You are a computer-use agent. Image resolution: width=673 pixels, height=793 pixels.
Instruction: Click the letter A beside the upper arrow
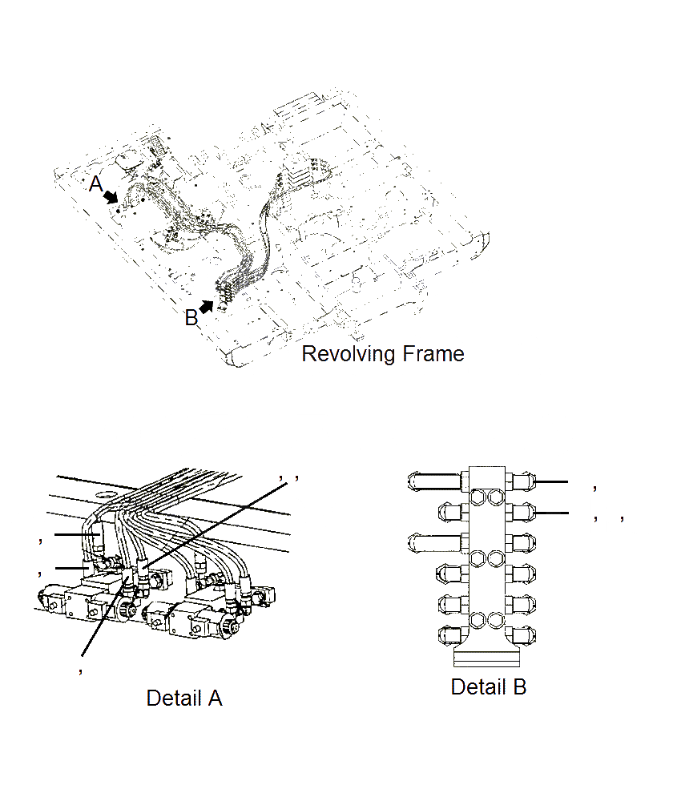(96, 185)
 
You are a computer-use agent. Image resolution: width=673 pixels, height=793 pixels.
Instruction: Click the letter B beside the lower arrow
(191, 318)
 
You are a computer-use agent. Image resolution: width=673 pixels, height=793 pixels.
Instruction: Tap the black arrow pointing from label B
(208, 306)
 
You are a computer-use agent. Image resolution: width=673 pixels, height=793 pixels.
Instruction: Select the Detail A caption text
(184, 698)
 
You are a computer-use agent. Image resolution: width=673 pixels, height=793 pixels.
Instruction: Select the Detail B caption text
(489, 687)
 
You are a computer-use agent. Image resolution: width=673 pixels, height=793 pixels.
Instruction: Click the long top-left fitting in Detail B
(435, 481)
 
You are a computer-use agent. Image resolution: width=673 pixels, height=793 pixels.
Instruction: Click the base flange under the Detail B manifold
(487, 658)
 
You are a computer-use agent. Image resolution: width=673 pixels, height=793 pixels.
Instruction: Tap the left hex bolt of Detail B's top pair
(480, 497)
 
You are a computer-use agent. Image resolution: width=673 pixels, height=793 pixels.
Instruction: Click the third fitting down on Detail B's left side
(435, 541)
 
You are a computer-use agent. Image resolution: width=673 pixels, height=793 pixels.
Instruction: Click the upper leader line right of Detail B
(551, 482)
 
